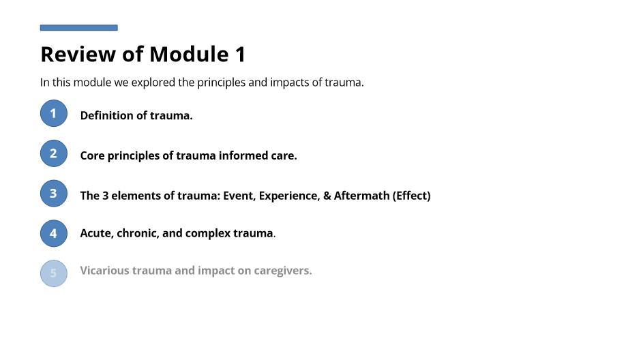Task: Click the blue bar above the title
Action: click(79, 28)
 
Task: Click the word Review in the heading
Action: click(78, 54)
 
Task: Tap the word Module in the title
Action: click(189, 54)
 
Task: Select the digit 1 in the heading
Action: click(240, 54)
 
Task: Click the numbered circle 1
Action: click(54, 113)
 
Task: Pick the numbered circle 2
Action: click(54, 153)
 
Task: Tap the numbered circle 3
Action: click(54, 193)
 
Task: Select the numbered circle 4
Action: click(54, 233)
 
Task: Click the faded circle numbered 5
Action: click(54, 273)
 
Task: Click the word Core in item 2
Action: click(92, 155)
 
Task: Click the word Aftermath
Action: click(362, 196)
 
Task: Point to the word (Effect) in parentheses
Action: click(412, 196)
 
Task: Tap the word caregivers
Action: click(283, 271)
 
